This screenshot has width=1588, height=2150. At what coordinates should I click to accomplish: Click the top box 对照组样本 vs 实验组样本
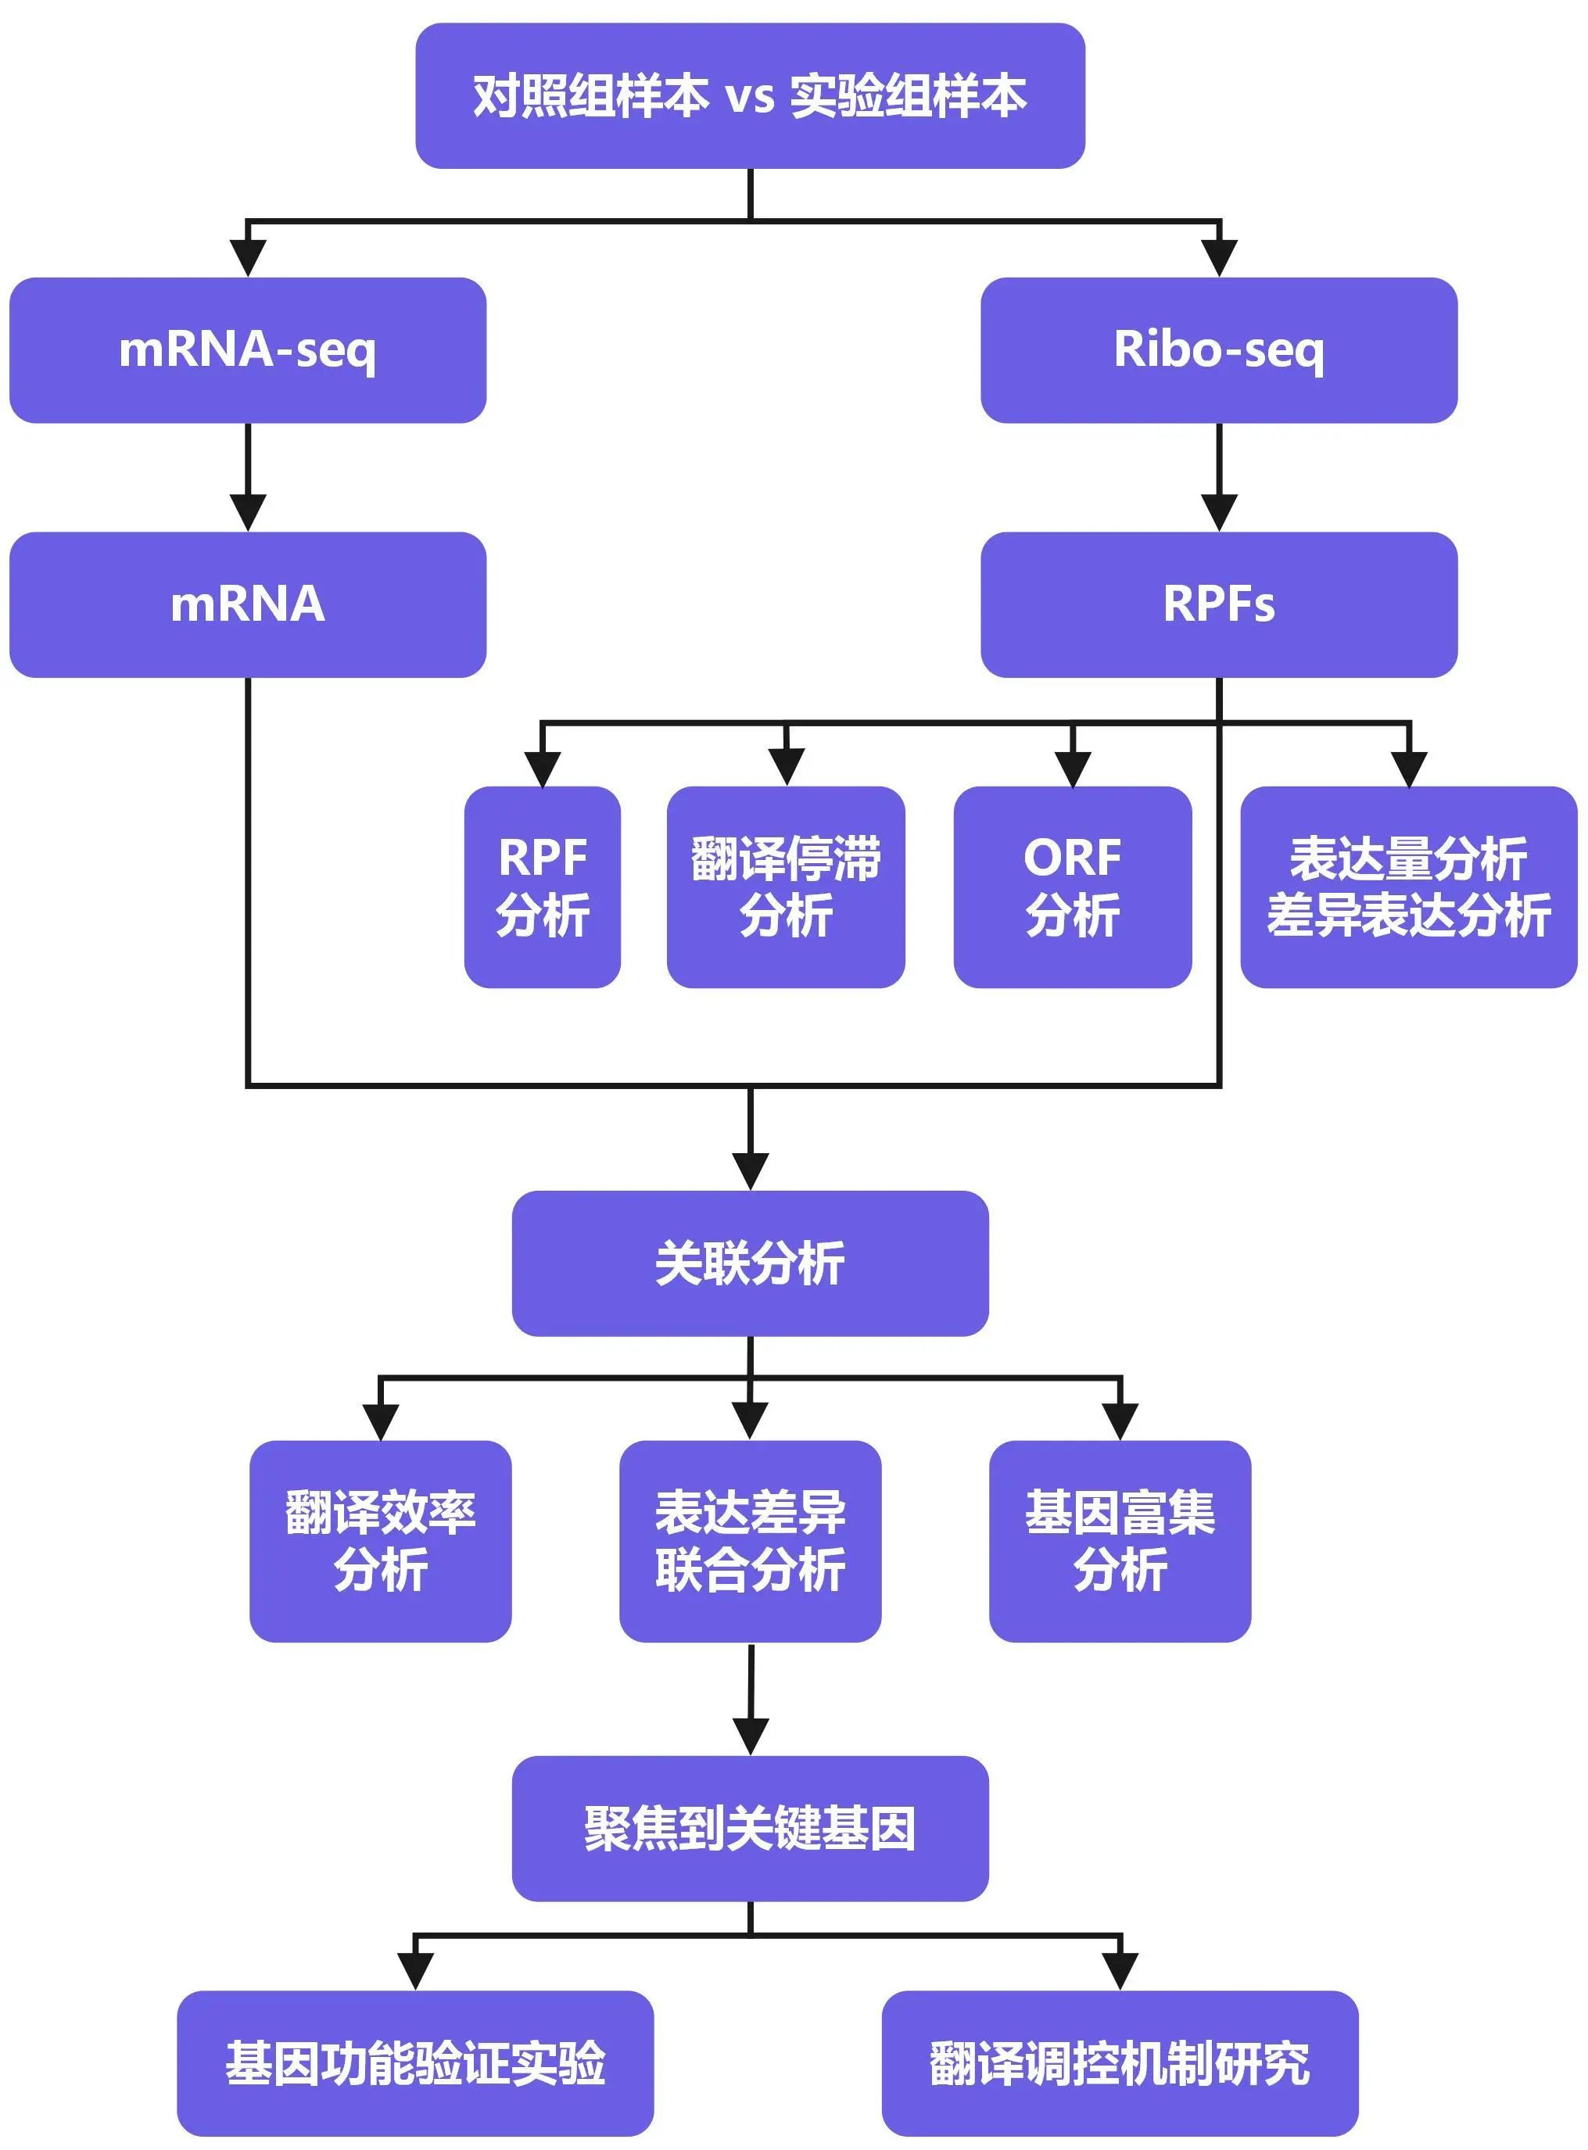[750, 96]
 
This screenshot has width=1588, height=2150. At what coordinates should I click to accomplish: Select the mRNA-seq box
[248, 349]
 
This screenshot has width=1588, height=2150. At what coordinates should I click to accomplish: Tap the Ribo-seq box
[1219, 349]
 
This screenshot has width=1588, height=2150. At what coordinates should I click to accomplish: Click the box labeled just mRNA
[248, 604]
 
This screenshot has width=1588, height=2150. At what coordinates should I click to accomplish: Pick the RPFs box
[1219, 604]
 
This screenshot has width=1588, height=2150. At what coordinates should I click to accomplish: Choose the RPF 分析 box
[542, 886]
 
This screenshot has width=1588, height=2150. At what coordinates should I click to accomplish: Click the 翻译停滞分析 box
[785, 886]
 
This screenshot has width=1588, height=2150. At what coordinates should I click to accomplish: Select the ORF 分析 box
[1073, 886]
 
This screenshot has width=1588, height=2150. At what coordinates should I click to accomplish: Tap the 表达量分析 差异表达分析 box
[1408, 886]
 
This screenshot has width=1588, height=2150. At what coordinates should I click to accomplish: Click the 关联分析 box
[750, 1263]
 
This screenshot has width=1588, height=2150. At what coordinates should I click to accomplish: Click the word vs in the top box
[749, 97]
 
